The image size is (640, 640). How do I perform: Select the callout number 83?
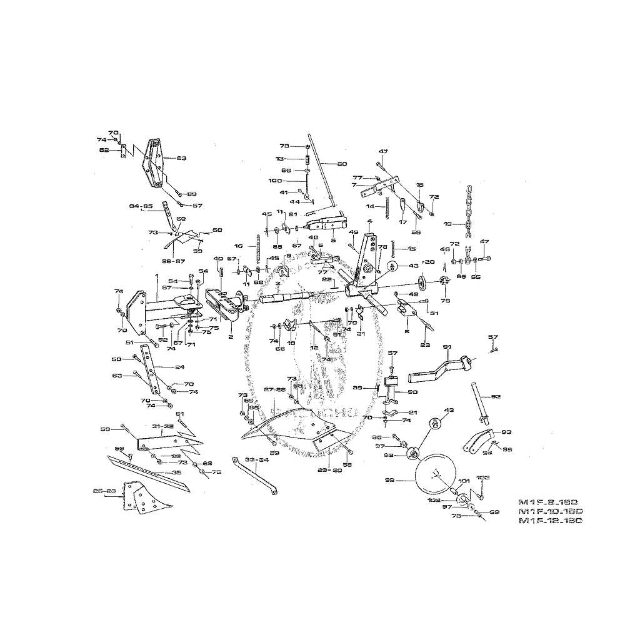181,158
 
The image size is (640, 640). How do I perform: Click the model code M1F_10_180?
551,511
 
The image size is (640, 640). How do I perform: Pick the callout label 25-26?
105,491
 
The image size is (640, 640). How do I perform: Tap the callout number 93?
506,431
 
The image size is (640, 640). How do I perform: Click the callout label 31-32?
162,426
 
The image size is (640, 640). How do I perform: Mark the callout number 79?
445,301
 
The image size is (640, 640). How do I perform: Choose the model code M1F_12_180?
551,521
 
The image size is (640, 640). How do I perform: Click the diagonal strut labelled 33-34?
256,478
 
